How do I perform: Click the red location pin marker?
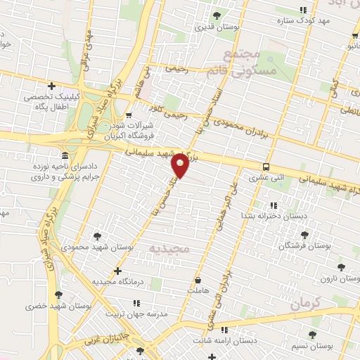pos(181,165)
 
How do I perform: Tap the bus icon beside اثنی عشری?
pos(266,167)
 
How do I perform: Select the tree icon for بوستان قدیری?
pos(217,15)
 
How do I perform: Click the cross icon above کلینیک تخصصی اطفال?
pos(51,85)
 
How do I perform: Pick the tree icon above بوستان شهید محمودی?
pos(96,236)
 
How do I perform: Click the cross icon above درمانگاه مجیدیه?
pos(117,271)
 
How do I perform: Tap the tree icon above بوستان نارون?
pos(341,267)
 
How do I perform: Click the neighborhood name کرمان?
pos(304,304)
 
